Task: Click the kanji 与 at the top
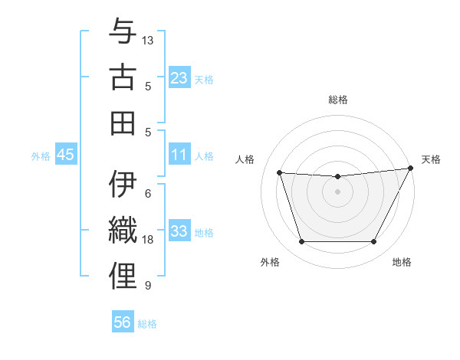pyautogui.click(x=123, y=32)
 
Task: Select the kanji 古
pyautogui.click(x=123, y=77)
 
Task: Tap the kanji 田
pyautogui.click(x=123, y=123)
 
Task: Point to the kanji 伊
pyautogui.click(x=123, y=185)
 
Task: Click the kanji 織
pyautogui.click(x=123, y=231)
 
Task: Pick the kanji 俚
pyautogui.click(x=123, y=276)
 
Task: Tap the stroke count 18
pyautogui.click(x=148, y=240)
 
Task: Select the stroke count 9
pyautogui.click(x=148, y=286)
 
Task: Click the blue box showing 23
pyautogui.click(x=179, y=77)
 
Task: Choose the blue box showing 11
pyautogui.click(x=179, y=155)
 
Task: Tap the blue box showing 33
pyautogui.click(x=179, y=231)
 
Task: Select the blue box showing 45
pyautogui.click(x=65, y=155)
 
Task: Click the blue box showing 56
pyautogui.click(x=123, y=322)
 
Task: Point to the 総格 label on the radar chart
pyautogui.click(x=338, y=100)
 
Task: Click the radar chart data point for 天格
pyautogui.click(x=412, y=168)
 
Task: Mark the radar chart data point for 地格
pyautogui.click(x=374, y=242)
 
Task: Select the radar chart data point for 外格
pyautogui.click(x=301, y=242)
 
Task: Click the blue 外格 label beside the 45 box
pyautogui.click(x=41, y=156)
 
